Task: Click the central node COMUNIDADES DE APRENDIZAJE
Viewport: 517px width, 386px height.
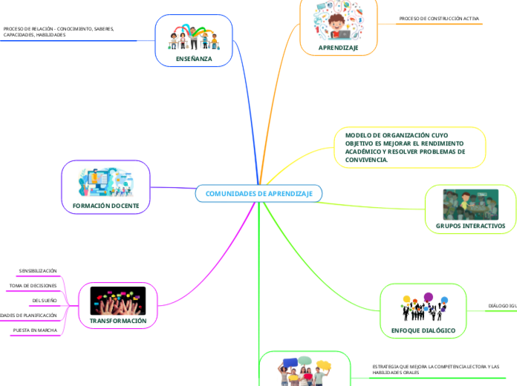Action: (258, 194)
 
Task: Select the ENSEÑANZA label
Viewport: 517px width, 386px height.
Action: (194, 58)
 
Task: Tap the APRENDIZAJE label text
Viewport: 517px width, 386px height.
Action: (338, 48)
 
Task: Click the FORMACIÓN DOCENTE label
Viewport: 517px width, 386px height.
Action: (105, 206)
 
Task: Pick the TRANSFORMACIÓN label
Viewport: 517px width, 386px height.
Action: (118, 321)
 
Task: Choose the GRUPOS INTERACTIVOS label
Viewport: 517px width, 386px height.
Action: (469, 225)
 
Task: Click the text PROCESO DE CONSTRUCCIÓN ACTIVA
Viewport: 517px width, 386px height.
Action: (439, 18)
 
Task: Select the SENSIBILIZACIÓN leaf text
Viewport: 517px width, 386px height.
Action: (38, 271)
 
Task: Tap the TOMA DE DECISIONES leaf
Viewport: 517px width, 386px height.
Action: (33, 286)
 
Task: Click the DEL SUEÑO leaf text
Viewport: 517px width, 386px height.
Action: (45, 301)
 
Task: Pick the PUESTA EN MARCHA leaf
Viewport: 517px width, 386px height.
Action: (35, 330)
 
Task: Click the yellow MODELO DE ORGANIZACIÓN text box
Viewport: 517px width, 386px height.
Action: (406, 147)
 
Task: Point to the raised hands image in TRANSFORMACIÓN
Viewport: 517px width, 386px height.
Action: (118, 301)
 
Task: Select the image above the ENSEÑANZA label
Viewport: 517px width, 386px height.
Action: (193, 37)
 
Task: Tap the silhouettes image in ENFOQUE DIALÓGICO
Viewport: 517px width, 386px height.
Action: (423, 307)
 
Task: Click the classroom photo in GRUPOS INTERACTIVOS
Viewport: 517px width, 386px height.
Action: (469, 204)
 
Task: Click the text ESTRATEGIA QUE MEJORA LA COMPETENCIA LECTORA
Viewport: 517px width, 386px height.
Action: (435, 369)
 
